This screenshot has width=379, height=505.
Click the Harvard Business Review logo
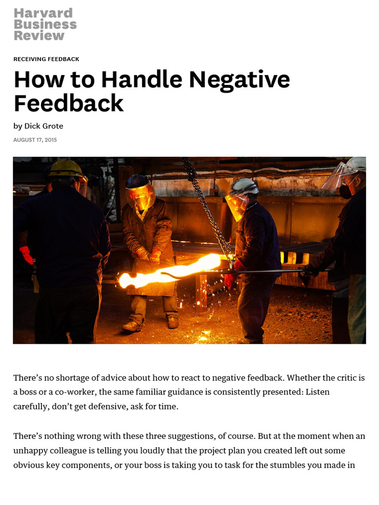(x=45, y=24)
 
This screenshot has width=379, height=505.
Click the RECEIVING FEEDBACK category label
(x=46, y=59)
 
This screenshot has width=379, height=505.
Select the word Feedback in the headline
(x=68, y=104)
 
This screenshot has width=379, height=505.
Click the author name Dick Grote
(x=43, y=126)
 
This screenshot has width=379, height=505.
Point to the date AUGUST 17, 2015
(x=35, y=140)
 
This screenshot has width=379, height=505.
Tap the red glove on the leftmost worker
(x=26, y=254)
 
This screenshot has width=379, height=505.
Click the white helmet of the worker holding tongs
(x=244, y=186)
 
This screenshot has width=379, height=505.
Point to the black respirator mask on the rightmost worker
(x=346, y=191)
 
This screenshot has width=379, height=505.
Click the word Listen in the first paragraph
(x=317, y=393)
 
